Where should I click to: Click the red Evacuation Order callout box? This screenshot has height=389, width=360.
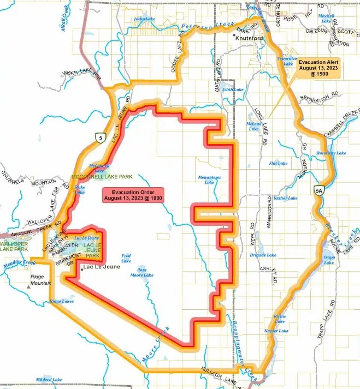(x=133, y=194)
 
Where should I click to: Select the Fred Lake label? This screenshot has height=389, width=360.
(x=126, y=258)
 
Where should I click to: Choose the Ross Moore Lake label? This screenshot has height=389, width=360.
(x=141, y=272)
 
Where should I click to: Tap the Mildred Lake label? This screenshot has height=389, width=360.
(x=51, y=379)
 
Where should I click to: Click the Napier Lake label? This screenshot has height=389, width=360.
(x=276, y=331)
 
